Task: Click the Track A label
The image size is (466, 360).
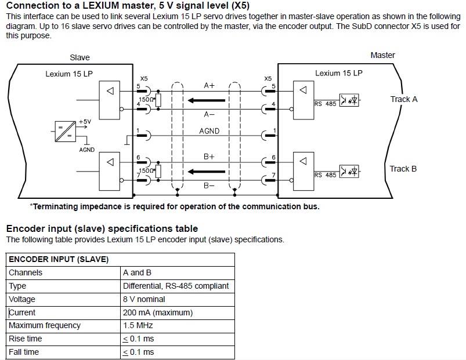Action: click(403, 99)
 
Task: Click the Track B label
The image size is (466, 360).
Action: click(403, 169)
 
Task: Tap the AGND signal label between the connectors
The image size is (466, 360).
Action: click(209, 131)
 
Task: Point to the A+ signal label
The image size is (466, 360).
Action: click(209, 85)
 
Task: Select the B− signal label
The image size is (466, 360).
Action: click(209, 186)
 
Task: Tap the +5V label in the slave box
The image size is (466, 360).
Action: click(85, 122)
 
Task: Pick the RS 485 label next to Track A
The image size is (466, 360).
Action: click(325, 104)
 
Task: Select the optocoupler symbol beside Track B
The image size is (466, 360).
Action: click(349, 172)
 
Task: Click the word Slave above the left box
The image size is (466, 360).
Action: click(80, 57)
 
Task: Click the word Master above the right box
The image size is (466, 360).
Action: click(382, 55)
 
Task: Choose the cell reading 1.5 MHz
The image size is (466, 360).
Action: click(137, 325)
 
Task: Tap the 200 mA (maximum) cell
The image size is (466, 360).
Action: click(158, 312)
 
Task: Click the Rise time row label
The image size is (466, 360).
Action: click(26, 339)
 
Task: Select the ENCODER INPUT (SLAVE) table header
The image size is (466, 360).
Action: click(58, 259)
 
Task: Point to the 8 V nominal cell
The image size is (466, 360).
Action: click(144, 299)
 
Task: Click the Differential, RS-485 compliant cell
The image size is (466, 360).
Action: click(176, 286)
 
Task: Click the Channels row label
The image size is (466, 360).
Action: click(26, 272)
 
